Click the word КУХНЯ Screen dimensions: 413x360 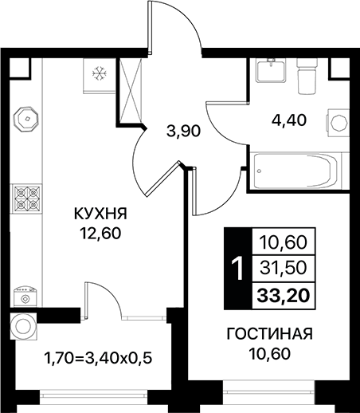coord(100,214)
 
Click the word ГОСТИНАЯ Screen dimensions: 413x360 coord(269,333)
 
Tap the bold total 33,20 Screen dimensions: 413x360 coord(284,297)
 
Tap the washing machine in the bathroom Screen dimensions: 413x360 coord(339,124)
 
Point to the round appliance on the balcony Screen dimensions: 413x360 coord(22,326)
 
